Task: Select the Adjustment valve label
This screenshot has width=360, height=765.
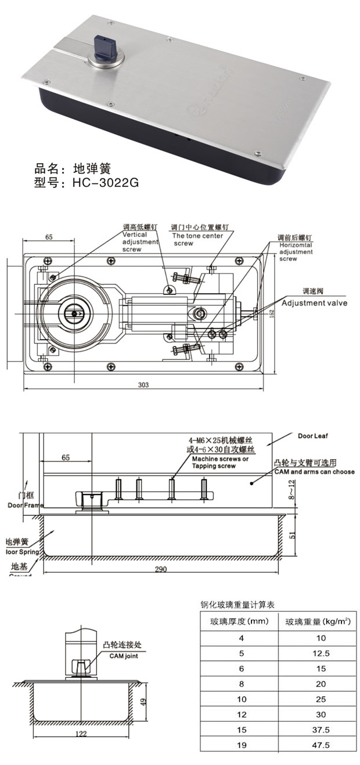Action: pyautogui.click(x=314, y=303)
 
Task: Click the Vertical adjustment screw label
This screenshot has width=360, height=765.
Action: pyautogui.click(x=139, y=241)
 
